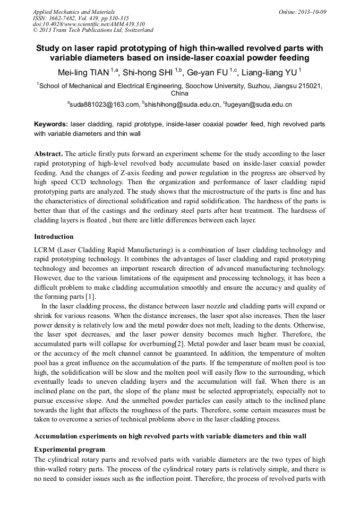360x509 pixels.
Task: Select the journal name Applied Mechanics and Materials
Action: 73,12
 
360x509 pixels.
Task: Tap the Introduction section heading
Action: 54,236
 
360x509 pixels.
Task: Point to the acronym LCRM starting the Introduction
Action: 46,249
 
